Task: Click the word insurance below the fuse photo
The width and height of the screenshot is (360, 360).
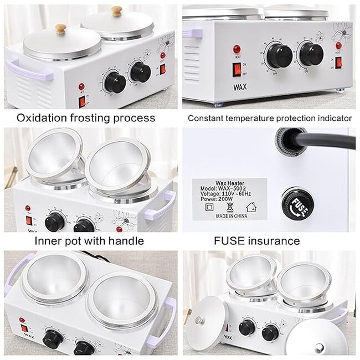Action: pos(272,241)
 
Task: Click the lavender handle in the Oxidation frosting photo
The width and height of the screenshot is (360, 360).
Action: pos(28,69)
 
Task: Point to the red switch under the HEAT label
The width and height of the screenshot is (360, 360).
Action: pos(238,69)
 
